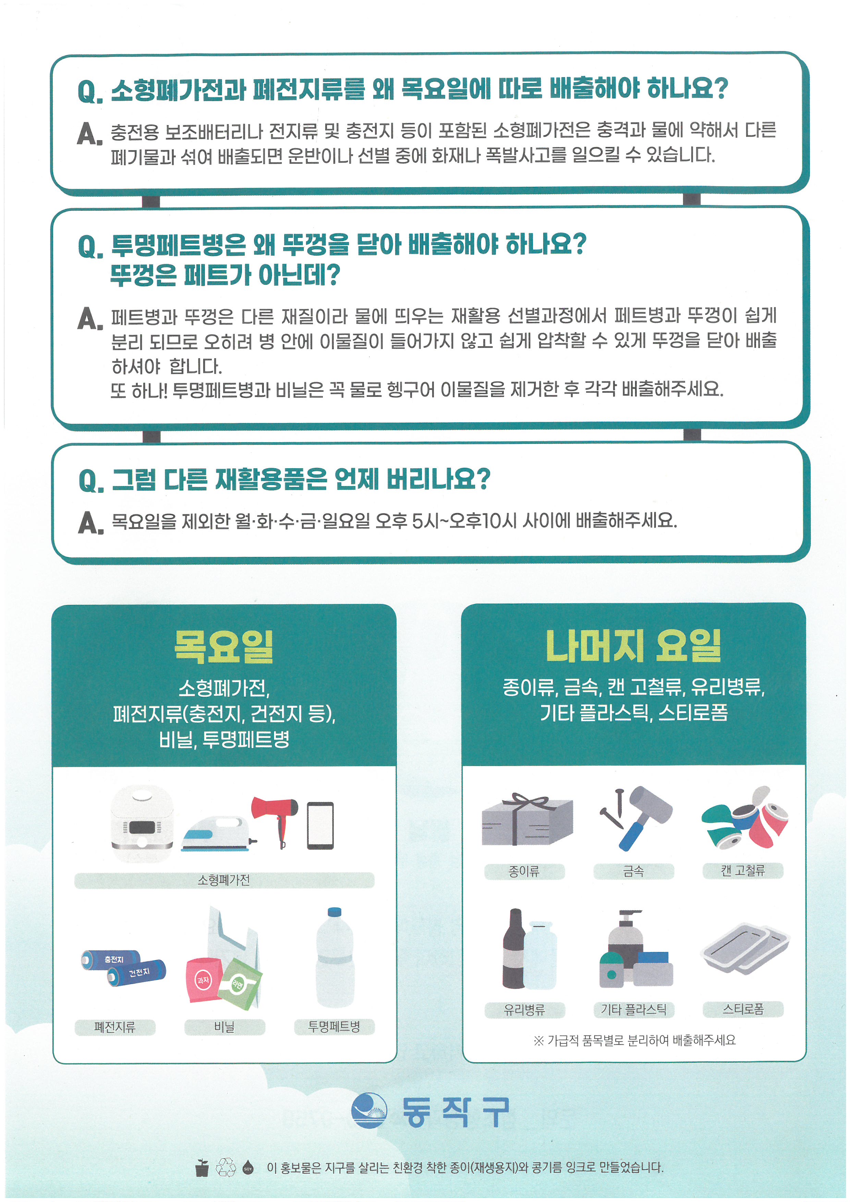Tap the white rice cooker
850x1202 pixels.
click(142, 824)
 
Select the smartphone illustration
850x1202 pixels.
click(320, 826)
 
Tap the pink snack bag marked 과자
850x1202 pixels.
click(205, 980)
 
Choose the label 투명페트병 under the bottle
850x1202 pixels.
click(334, 1027)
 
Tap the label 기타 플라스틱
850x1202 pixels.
click(634, 1009)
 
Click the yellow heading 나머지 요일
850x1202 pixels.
click(633, 645)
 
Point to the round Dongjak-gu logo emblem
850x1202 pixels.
click(369, 1110)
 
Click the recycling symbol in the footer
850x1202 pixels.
click(226, 1167)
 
